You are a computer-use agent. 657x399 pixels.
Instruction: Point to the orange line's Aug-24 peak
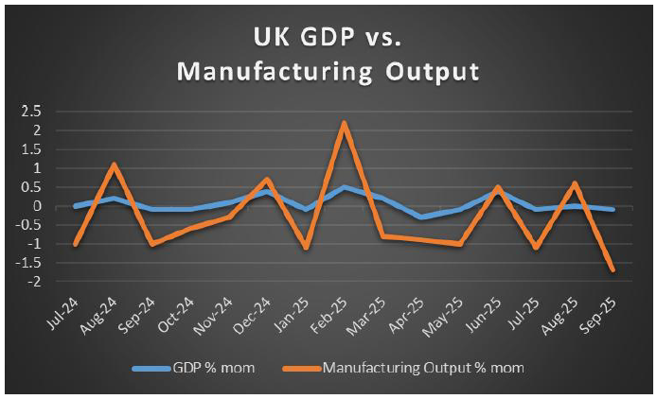click(114, 165)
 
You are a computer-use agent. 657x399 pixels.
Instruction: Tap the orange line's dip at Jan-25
click(306, 248)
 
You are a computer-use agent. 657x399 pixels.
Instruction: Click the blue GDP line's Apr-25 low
click(421, 217)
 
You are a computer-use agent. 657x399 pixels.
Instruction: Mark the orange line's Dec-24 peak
click(267, 180)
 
